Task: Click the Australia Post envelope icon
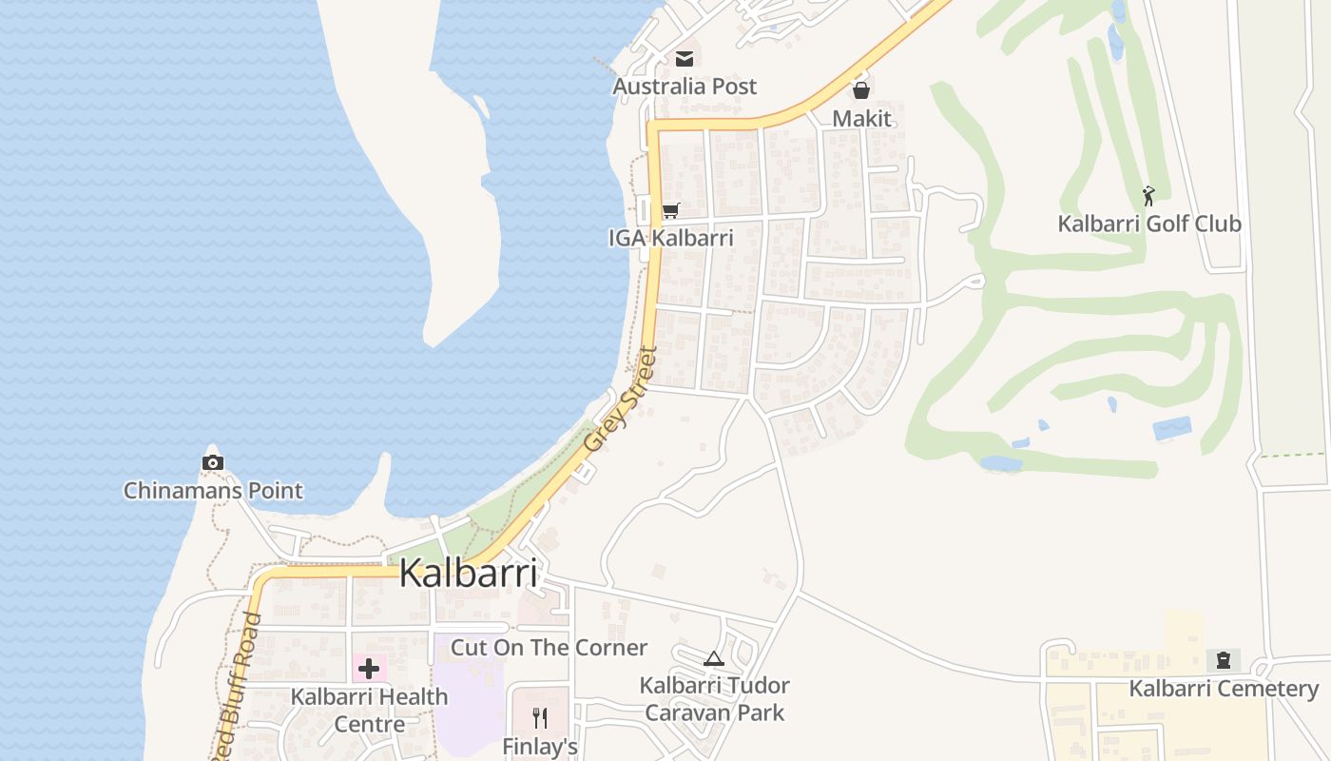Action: coord(684,59)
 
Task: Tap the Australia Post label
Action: coord(685,87)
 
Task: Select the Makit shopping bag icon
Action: coord(861,90)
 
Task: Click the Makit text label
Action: coord(862,119)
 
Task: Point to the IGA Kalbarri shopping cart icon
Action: coord(670,210)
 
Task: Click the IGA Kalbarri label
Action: coord(671,238)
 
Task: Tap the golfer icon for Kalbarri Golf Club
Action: coord(1149,196)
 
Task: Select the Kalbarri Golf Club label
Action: coord(1149,224)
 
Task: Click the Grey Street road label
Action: coord(621,400)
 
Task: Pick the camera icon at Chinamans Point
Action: coord(213,463)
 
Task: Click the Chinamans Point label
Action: coord(213,491)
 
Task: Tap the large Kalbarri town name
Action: coord(469,574)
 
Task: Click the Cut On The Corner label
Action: coord(549,648)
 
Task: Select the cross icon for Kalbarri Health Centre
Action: coord(369,669)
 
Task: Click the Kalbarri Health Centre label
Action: coord(369,710)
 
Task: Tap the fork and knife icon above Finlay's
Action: coord(540,717)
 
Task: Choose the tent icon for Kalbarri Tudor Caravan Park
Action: coord(714,658)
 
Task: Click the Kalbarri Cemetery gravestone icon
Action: coord(1223,660)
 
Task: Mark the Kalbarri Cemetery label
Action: coord(1224,689)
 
